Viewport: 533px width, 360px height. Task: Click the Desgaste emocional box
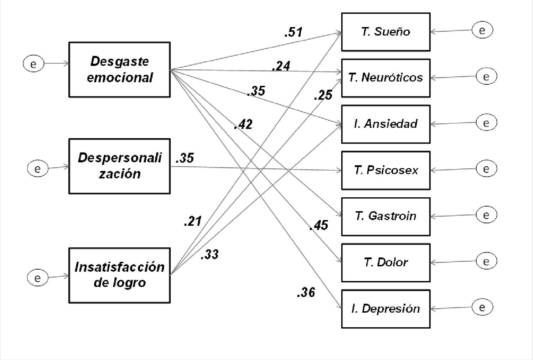[119, 69]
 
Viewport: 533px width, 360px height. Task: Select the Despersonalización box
[119, 166]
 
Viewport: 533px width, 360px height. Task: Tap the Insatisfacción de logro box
[119, 275]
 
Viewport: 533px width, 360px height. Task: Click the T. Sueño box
[385, 32]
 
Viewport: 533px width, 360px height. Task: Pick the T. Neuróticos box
[385, 78]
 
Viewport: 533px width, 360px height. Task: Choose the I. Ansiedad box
[385, 124]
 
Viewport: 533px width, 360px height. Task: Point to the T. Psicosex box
[385, 170]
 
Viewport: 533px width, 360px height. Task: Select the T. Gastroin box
[385, 216]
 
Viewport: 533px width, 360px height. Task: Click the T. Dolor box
[385, 262]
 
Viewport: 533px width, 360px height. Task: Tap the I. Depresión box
[385, 309]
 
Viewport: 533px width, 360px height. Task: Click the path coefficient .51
[293, 32]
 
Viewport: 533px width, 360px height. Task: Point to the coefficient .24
[281, 66]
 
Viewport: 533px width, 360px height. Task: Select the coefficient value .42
[243, 124]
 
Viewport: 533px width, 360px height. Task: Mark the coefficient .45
[319, 225]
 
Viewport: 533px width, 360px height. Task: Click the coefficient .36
[306, 292]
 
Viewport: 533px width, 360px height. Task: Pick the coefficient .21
[193, 221]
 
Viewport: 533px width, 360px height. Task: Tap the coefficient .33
[209, 255]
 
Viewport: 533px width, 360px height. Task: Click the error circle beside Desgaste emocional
[33, 64]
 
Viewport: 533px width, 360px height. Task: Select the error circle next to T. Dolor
[486, 261]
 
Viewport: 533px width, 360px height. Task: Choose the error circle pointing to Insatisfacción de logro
[38, 277]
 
